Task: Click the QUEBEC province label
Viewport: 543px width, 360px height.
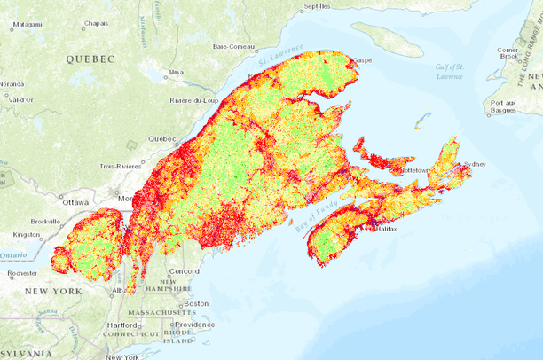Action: tap(90, 59)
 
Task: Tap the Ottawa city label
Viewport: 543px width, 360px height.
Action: tap(76, 202)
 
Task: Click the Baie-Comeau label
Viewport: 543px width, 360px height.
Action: tap(234, 46)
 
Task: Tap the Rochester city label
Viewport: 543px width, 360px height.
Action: tap(20, 274)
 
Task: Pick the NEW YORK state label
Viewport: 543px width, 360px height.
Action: tap(53, 292)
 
